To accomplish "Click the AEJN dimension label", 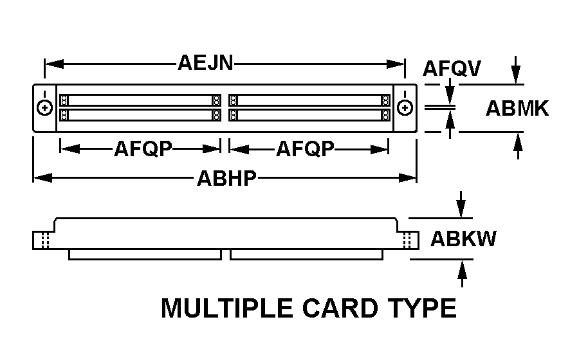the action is pos(205,63).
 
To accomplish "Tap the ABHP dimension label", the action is pos(226,179).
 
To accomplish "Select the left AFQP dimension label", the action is pos(143,149).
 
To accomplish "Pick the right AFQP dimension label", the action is pos(305,149).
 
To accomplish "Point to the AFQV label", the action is pos(452,68).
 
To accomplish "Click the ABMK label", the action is pos(517,109).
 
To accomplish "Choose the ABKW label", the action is pos(463,239).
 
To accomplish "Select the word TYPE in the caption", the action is pos(422,308).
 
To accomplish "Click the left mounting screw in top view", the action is pos(44,108).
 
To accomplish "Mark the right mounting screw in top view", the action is pos(405,108).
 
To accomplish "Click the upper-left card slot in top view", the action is pos(140,100).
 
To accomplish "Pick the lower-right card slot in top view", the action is pos(309,115).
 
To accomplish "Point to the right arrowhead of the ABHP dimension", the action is pos(407,178).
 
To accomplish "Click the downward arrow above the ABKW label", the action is pos(461,204).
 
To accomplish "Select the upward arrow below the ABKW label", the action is pos(462,273).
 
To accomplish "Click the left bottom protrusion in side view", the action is pos(145,255).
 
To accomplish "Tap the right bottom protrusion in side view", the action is pos(306,255).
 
